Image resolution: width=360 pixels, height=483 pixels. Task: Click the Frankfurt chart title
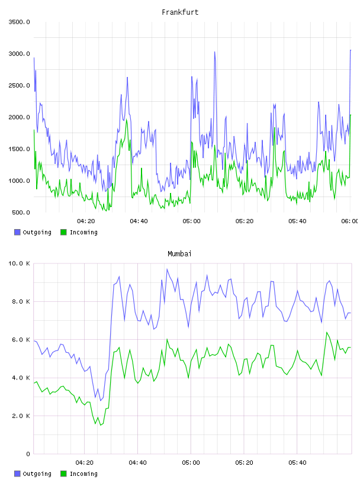pos(180,12)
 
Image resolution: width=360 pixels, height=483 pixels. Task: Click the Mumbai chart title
pos(179,254)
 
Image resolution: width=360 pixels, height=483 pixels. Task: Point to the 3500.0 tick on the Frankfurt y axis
pos(19,22)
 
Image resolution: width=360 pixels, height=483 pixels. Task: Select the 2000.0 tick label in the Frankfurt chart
pos(19,117)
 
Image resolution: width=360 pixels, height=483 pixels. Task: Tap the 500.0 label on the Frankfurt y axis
pos(21,212)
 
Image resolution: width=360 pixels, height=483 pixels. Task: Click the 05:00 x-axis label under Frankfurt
pos(191,221)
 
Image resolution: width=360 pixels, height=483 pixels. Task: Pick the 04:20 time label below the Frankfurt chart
pos(86,221)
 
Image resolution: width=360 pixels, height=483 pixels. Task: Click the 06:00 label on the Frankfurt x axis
pos(350,221)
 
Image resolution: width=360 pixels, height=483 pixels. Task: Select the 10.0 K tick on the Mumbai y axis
pos(19,263)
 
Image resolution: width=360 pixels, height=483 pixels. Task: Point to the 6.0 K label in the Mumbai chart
pos(21,339)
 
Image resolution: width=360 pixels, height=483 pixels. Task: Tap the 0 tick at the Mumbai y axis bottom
pos(28,454)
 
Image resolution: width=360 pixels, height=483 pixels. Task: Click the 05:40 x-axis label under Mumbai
pos(297,463)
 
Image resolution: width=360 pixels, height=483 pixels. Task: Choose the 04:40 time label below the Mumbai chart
pos(137,463)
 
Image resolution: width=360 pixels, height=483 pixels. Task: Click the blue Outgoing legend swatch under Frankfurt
pos(17,232)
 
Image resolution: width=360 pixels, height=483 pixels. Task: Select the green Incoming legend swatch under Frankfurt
pos(63,232)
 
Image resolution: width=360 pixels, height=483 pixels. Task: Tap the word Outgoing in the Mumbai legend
pos(37,474)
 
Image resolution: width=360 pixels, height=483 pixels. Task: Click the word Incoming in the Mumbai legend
pos(83,474)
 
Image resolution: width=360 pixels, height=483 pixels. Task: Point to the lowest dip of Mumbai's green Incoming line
pos(101,426)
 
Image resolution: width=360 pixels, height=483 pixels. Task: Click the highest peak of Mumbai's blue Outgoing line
pos(167,269)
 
